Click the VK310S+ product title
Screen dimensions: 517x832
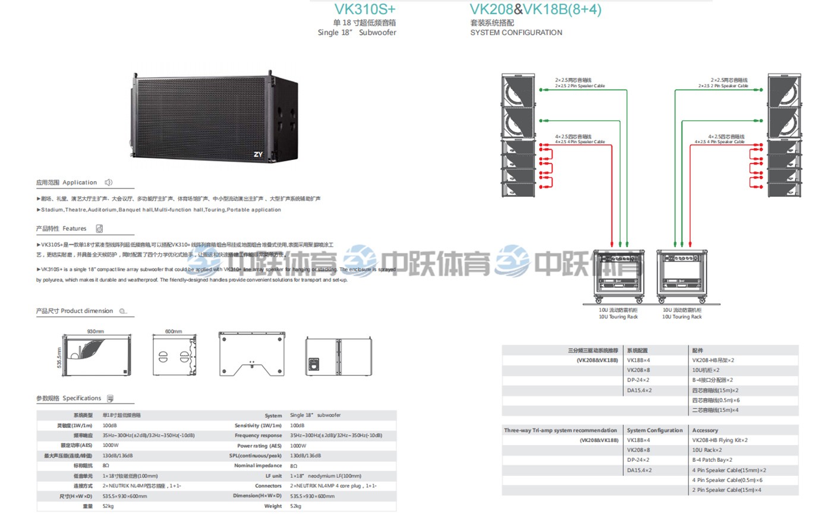(364, 10)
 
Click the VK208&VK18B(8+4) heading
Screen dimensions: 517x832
(535, 10)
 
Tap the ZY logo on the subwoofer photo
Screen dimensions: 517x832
(258, 155)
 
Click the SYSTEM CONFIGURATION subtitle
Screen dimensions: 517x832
(516, 33)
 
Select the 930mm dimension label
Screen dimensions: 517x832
(96, 332)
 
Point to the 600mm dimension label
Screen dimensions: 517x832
(174, 332)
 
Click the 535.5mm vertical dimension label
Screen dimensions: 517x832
(59, 357)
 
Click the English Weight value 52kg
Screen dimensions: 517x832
(296, 506)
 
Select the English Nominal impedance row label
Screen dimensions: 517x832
(258, 466)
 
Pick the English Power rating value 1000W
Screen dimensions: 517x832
(298, 446)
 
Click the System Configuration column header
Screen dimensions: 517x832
(654, 430)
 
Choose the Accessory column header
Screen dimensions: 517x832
(705, 430)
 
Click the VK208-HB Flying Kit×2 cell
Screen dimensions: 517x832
(720, 440)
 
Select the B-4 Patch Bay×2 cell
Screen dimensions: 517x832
(712, 460)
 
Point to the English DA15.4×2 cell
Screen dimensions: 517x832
(639, 470)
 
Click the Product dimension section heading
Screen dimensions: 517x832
(86, 311)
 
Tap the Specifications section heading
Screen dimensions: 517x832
(81, 398)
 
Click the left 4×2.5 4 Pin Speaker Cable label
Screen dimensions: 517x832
(580, 142)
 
